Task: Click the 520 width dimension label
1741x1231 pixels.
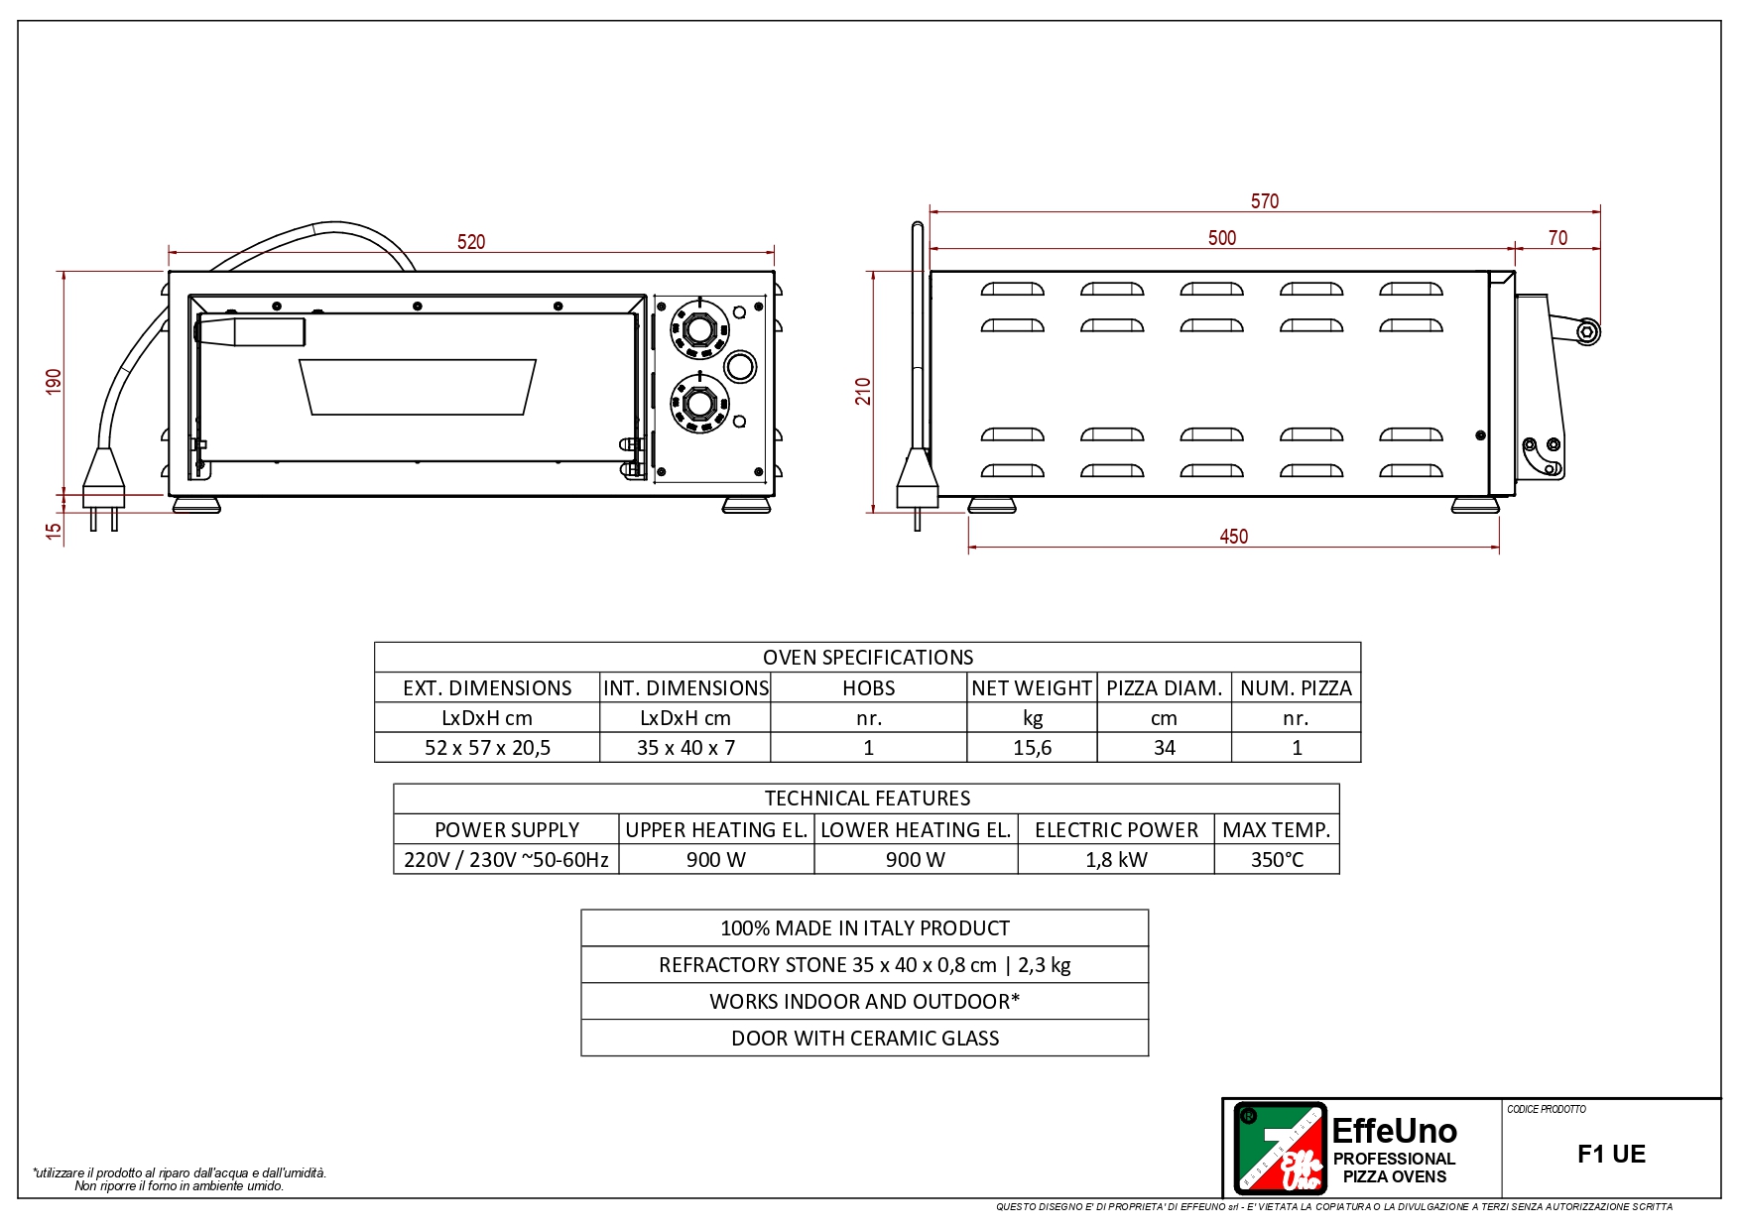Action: [471, 242]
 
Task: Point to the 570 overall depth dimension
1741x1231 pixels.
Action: [1265, 201]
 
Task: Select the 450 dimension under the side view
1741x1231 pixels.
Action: [1234, 537]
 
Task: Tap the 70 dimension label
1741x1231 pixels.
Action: [1558, 238]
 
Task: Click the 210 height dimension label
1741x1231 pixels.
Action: [863, 392]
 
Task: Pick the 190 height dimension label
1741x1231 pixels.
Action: [54, 382]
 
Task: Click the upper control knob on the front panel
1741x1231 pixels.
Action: [699, 328]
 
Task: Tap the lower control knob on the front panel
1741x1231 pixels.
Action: [699, 404]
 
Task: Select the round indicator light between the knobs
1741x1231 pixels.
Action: [740, 366]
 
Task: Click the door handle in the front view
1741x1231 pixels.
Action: [250, 331]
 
